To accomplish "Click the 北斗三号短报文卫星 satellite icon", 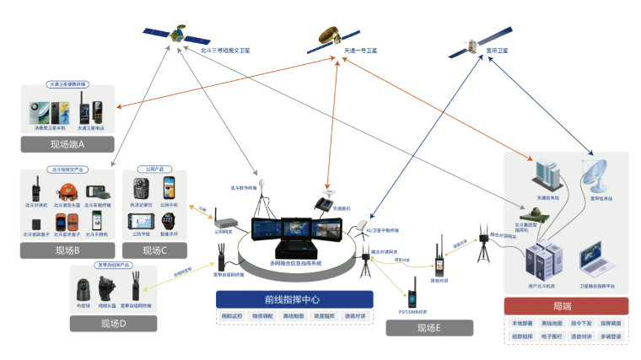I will pos(176,35).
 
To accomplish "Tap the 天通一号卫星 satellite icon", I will pos(337,35).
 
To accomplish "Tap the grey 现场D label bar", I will pos(113,323).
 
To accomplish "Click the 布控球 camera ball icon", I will pos(83,287).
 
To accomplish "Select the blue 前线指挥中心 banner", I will pos(293,299).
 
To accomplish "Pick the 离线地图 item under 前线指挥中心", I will pos(294,317).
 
